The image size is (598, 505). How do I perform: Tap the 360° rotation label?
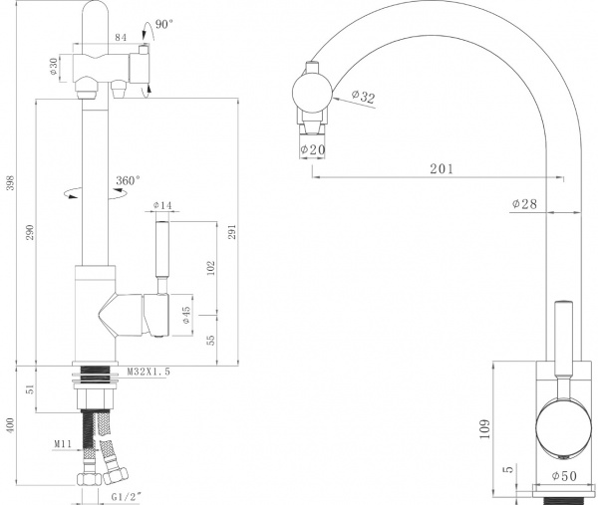[128, 180]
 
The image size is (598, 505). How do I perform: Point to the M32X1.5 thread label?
[149, 372]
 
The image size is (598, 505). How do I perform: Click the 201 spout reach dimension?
[440, 169]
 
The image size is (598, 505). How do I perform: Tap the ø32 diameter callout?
[363, 97]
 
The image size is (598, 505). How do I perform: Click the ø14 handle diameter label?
[162, 206]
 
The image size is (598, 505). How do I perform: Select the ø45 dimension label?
[185, 316]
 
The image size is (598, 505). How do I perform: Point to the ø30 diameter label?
[53, 66]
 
